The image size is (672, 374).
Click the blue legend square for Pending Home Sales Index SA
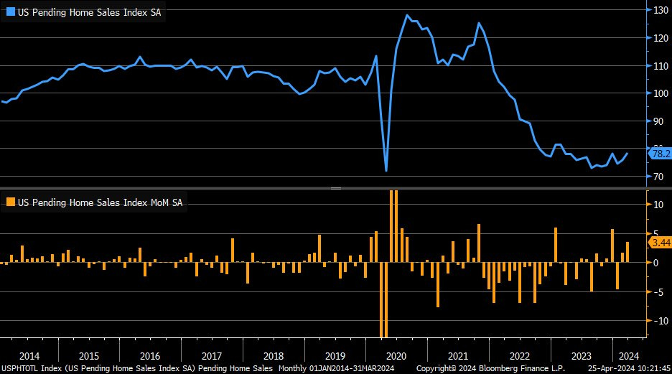point(9,13)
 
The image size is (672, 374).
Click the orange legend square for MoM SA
point(9,202)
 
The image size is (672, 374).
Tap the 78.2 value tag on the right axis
point(659,154)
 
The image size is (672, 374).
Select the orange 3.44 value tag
point(659,243)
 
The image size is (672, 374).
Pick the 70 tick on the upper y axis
point(658,177)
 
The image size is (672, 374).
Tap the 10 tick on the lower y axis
point(658,205)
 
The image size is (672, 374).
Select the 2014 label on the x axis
point(29,356)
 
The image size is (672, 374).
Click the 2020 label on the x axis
point(396,356)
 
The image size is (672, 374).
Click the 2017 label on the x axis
point(213,356)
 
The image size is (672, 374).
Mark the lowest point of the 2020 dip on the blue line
point(386,171)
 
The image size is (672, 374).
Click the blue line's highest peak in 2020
point(407,15)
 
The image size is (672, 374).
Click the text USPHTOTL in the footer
point(22,368)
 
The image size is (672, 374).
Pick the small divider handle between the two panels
point(335,188)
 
